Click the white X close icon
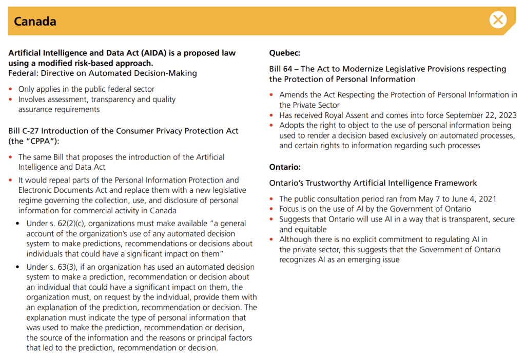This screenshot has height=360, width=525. (x=498, y=20)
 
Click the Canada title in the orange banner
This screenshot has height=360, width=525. (x=35, y=22)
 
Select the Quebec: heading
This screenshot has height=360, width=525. (x=284, y=53)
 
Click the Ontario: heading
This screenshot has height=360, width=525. (x=285, y=167)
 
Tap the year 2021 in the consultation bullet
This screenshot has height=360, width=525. (x=487, y=199)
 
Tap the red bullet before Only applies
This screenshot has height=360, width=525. (x=11, y=90)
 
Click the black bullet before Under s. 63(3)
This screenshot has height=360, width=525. (x=19, y=267)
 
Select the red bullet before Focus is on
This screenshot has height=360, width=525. (x=272, y=209)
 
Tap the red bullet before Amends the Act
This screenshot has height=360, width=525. (x=272, y=95)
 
